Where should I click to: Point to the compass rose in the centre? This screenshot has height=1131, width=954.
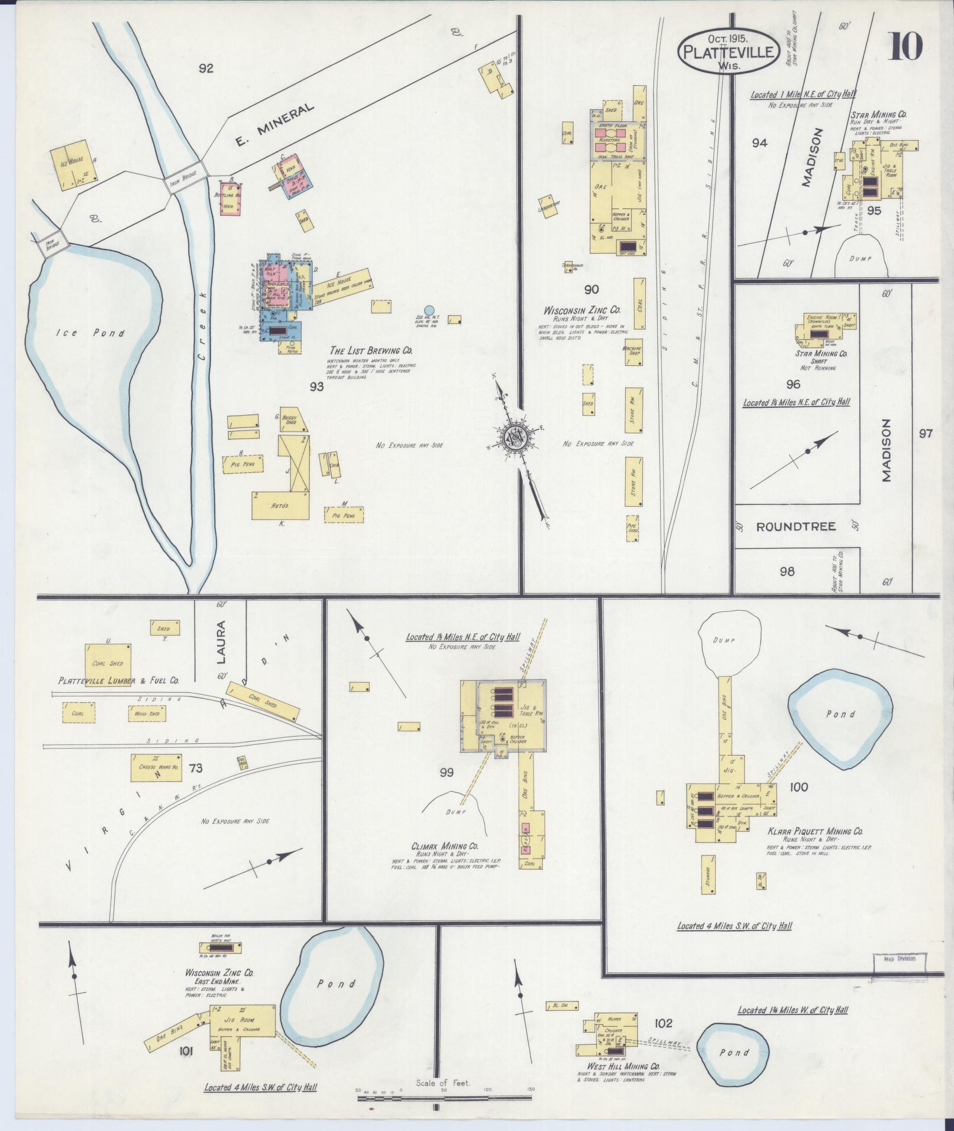[x=515, y=436]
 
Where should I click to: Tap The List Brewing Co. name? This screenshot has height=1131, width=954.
[x=373, y=351]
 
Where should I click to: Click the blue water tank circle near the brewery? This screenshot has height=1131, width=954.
[x=429, y=310]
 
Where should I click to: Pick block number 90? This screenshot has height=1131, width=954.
[x=591, y=289]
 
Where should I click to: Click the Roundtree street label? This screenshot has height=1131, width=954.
[x=796, y=526]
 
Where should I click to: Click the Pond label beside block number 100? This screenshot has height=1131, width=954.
[x=840, y=714]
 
